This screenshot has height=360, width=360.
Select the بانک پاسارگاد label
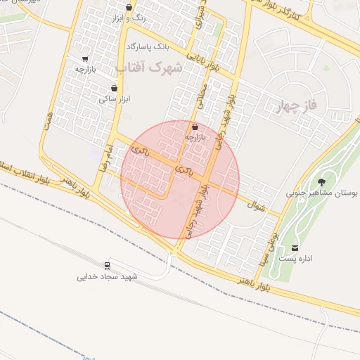tap(148, 46)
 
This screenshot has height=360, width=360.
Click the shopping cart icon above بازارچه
tap(85, 59)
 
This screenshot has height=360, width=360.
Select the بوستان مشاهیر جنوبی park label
tap(323, 192)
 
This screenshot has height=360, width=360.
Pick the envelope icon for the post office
tap(294, 247)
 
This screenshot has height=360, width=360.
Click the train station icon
tap(108, 266)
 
